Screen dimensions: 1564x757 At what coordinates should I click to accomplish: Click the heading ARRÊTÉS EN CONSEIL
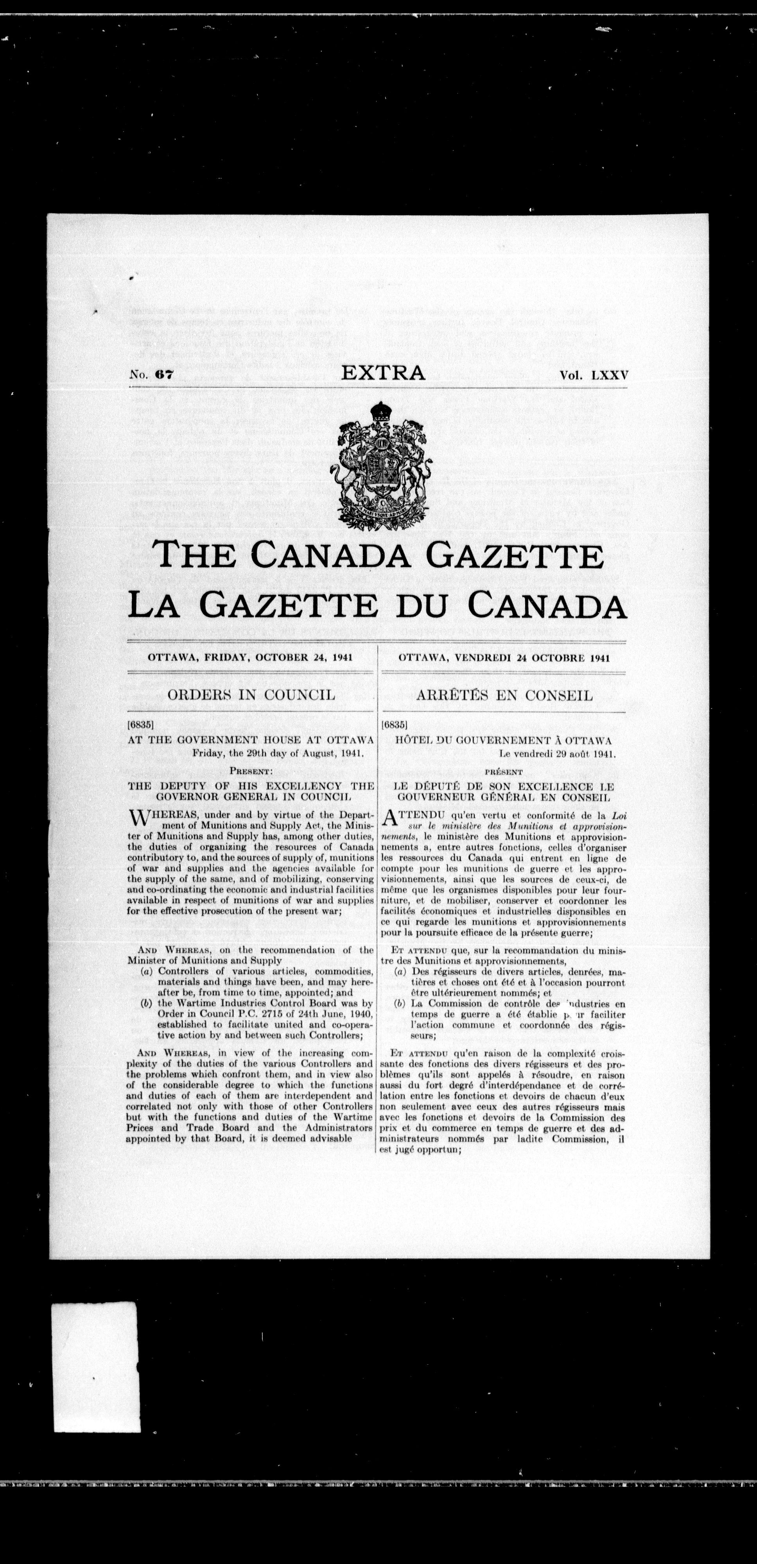[504, 694]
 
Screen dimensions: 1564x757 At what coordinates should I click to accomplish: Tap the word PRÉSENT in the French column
[504, 772]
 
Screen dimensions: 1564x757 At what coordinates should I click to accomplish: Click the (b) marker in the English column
[146, 1004]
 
